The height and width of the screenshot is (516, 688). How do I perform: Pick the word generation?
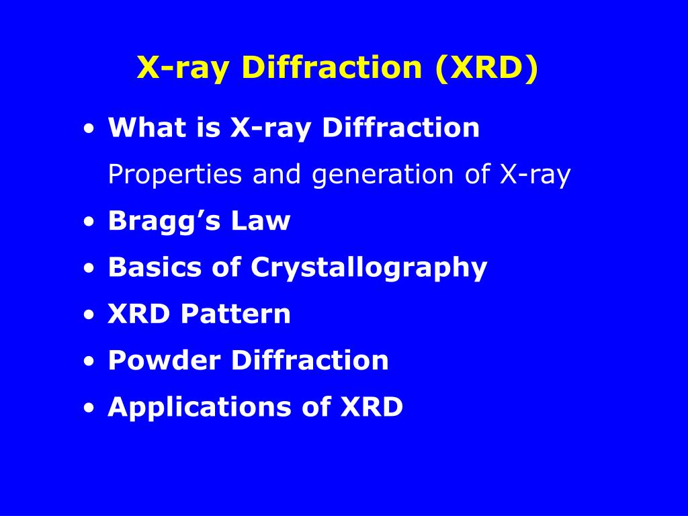[384, 175]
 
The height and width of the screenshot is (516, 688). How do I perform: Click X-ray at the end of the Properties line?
[535, 175]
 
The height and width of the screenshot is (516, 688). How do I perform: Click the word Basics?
[154, 267]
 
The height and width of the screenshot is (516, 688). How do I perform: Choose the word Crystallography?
[369, 268]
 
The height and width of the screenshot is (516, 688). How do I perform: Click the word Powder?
[165, 360]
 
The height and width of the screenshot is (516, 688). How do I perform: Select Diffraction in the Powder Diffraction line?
[310, 360]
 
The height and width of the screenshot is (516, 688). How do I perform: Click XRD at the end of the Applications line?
[372, 407]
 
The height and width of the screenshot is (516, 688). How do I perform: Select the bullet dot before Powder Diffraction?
[89, 363]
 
